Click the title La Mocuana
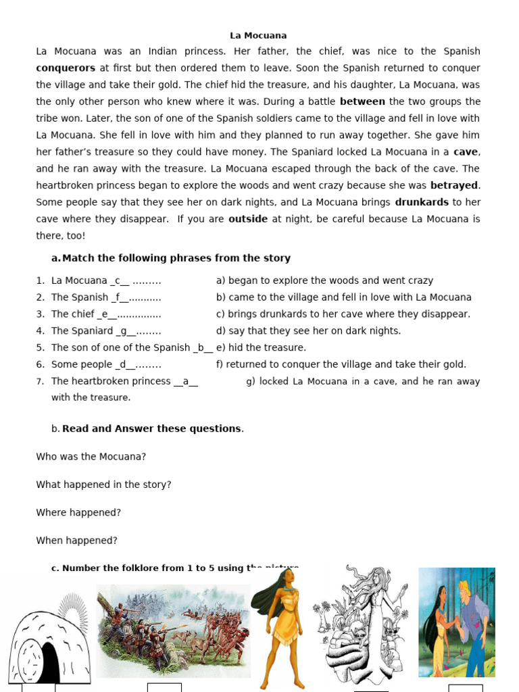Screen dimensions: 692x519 pos(258,35)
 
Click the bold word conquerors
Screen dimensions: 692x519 pos(66,68)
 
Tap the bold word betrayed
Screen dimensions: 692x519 pos(454,185)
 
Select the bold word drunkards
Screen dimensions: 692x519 pos(422,202)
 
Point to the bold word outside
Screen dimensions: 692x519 pos(248,219)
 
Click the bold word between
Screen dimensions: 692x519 pos(362,101)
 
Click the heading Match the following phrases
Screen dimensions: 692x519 pos(176,258)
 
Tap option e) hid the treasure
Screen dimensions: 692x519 pos(261,347)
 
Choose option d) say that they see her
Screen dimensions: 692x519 pos(308,331)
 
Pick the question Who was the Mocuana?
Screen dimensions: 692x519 pos(91,457)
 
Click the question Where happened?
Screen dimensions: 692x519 pos(78,513)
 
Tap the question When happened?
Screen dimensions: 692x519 pos(76,541)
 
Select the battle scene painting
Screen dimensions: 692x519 pos(173,631)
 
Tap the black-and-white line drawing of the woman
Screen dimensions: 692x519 pos(365,625)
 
